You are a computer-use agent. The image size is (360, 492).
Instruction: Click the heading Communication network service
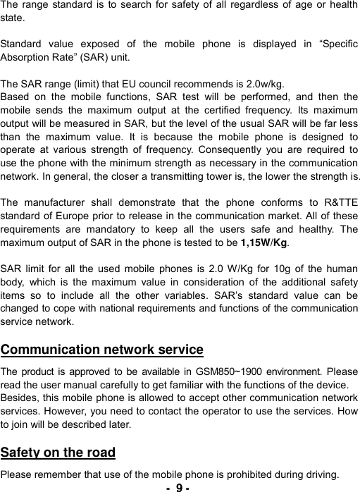tap(102, 350)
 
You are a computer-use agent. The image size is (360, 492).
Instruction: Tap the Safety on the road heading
tap(58, 452)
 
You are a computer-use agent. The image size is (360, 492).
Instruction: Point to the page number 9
tap(180, 486)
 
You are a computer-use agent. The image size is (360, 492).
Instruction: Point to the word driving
tap(320, 472)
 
